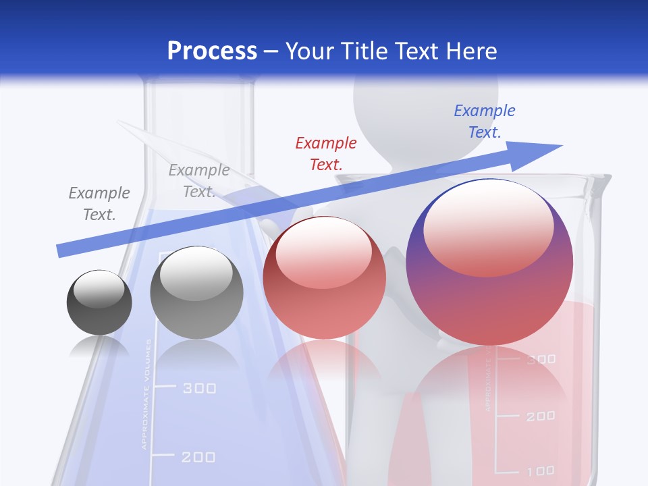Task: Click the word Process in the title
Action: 212,51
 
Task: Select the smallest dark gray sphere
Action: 99,302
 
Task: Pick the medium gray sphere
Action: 196,293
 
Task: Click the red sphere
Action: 324,278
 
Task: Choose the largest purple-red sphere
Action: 489,262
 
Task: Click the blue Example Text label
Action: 485,122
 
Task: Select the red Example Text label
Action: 326,153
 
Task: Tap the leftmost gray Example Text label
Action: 99,204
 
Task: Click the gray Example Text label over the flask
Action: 198,180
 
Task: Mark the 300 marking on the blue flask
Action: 199,388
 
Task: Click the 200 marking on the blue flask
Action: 199,458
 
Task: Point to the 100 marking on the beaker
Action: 541,470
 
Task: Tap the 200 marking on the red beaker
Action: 541,416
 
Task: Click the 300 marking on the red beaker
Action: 541,360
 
